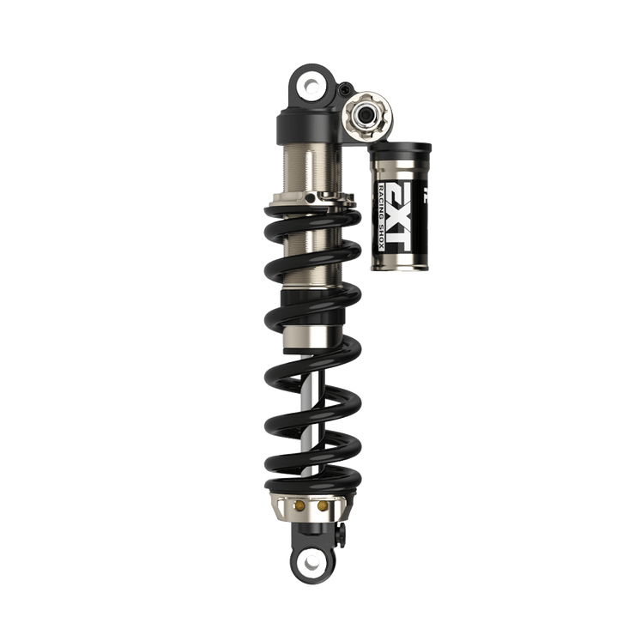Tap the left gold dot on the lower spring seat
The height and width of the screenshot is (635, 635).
(300, 507)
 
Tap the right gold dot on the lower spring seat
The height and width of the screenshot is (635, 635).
(323, 507)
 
